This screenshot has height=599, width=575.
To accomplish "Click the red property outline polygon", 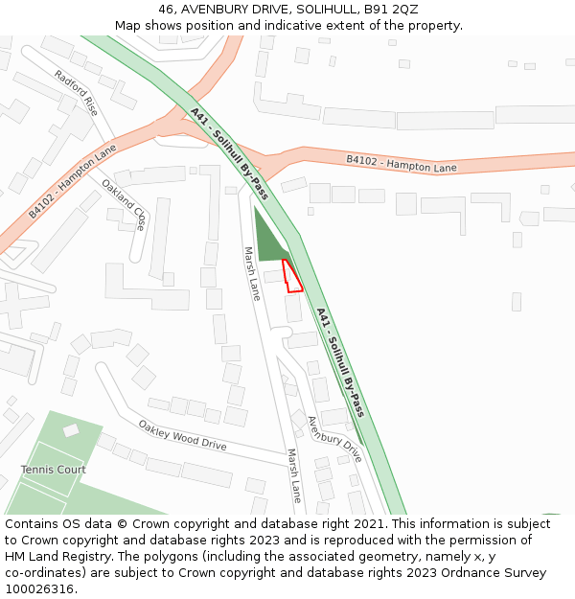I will pyautogui.click(x=293, y=277).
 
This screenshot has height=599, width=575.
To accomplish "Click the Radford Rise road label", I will pyautogui.click(x=76, y=92).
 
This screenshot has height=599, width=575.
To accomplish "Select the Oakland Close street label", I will pyautogui.click(x=124, y=205).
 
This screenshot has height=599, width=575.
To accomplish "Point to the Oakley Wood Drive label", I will pyautogui.click(x=182, y=435).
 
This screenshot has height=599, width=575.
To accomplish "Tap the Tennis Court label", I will pyautogui.click(x=53, y=470).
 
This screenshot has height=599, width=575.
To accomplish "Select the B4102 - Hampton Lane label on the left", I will pyautogui.click(x=72, y=181).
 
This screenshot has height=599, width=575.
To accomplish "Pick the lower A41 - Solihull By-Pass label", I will pyautogui.click(x=340, y=362).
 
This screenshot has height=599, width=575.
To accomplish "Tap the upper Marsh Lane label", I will pyautogui.click(x=251, y=274).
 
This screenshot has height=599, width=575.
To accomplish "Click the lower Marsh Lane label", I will pyautogui.click(x=294, y=475).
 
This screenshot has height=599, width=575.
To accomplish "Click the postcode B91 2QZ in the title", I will pyautogui.click(x=391, y=9).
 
